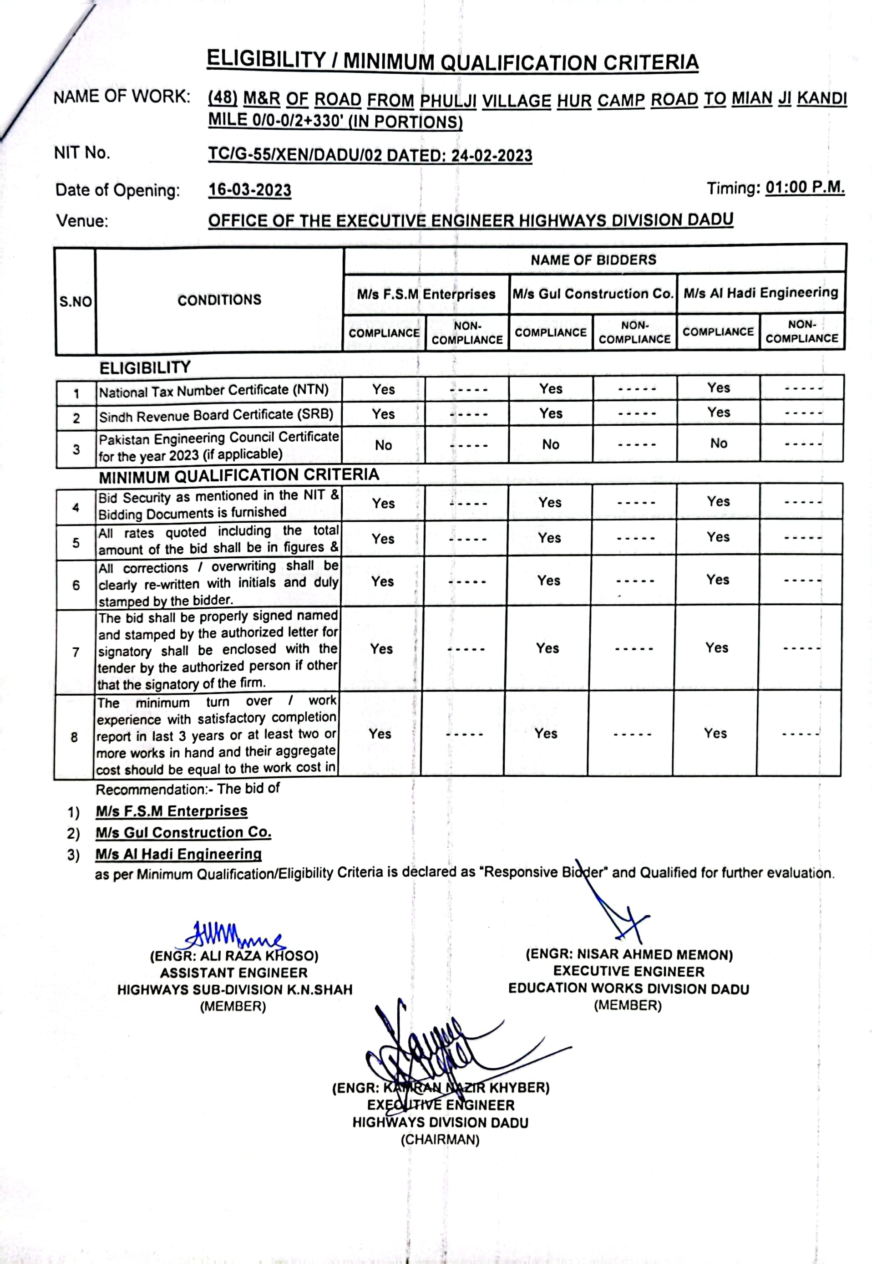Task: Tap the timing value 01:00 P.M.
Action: (804, 188)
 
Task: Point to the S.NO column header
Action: (76, 301)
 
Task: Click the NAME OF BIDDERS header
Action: (593, 260)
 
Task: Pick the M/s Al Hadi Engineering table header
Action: (760, 292)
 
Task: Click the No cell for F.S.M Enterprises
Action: (383, 445)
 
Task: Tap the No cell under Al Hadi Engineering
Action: (719, 443)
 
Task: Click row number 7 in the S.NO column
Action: (76, 652)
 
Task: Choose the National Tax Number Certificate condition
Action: (213, 391)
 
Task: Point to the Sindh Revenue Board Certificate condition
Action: (216, 415)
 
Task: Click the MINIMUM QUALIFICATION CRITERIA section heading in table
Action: (239, 475)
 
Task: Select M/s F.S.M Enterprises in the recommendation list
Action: (172, 811)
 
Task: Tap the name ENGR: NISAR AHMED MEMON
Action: (629, 954)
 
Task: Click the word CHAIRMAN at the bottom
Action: (440, 1139)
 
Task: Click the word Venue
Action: (82, 221)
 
